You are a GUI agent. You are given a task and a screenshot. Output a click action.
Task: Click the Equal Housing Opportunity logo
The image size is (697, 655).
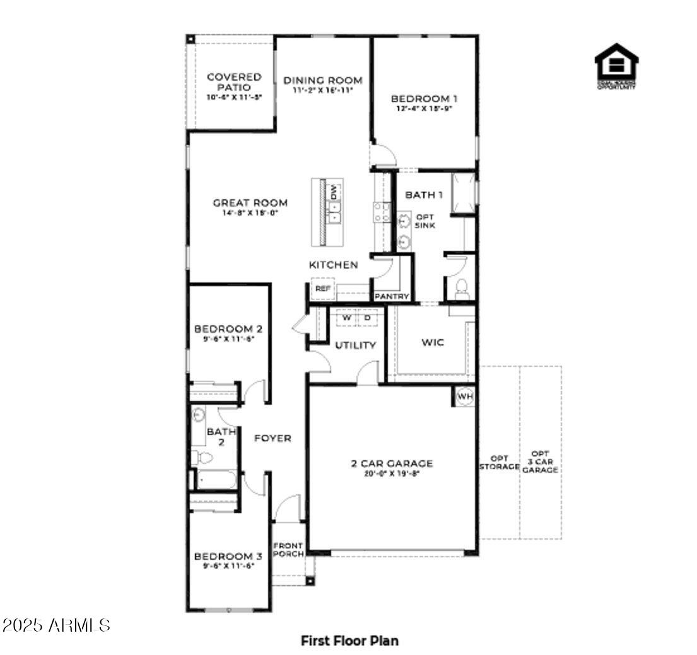[616, 66]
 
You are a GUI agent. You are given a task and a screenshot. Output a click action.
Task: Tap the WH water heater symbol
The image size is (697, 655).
[464, 397]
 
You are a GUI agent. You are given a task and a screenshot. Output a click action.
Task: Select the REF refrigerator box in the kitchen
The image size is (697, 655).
[323, 288]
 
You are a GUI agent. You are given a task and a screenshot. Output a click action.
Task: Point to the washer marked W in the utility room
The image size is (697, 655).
[346, 318]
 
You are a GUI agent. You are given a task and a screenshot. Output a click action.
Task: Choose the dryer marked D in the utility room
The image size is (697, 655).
[367, 318]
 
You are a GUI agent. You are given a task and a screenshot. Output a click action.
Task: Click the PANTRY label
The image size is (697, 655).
[392, 296]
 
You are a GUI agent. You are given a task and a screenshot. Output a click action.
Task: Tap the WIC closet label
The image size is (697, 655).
[433, 342]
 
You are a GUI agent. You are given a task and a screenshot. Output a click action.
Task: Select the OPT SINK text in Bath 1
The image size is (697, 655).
[425, 221]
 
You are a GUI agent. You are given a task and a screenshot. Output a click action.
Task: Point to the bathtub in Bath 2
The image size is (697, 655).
[214, 479]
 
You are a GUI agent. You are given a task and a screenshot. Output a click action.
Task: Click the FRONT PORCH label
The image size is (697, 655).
[288, 549]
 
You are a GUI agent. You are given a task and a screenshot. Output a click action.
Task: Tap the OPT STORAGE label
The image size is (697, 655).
[499, 463]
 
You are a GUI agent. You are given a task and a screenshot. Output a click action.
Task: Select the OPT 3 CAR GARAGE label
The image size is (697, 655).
[540, 461]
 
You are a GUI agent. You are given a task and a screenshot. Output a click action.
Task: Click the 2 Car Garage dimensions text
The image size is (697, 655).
[392, 473]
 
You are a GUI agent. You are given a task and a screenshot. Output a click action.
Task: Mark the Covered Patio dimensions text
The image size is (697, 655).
[234, 97]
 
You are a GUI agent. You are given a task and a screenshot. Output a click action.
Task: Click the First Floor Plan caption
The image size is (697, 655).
[349, 641]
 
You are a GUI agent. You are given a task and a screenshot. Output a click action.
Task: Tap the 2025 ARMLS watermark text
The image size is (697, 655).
[56, 625]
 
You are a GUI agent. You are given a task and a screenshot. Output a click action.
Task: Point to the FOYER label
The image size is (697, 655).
[272, 438]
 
